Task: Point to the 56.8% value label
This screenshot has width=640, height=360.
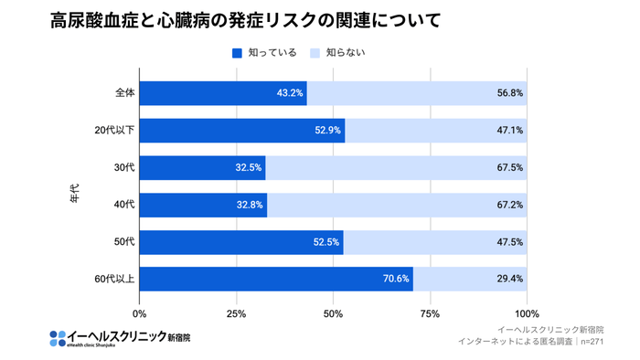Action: pyautogui.click(x=509, y=93)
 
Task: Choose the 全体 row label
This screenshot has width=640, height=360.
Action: pyautogui.click(x=124, y=93)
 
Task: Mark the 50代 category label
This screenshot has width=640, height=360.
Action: pyautogui.click(x=124, y=242)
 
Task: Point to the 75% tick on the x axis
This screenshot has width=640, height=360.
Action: pyautogui.click(x=430, y=312)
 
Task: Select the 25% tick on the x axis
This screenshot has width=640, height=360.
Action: pyautogui.click(x=236, y=312)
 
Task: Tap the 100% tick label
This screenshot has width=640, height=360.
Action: pyautogui.click(x=527, y=312)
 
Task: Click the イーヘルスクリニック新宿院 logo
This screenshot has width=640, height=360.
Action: pyautogui.click(x=120, y=337)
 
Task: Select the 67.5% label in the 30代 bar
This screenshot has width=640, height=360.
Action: pyautogui.click(x=509, y=168)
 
